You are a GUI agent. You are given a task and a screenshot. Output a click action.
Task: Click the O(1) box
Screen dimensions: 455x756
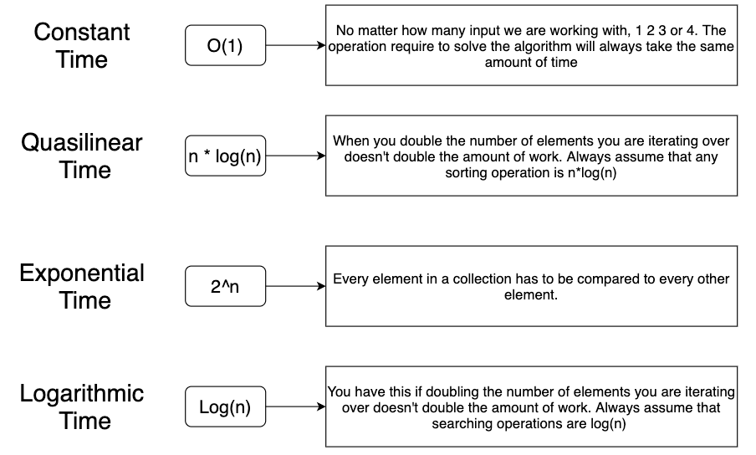[x=225, y=46]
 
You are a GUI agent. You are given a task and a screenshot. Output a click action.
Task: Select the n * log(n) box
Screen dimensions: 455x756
[x=225, y=156]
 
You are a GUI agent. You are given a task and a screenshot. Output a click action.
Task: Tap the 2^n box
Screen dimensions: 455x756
[x=225, y=286]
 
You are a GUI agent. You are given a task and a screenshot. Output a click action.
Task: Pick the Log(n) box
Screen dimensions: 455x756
[x=225, y=408]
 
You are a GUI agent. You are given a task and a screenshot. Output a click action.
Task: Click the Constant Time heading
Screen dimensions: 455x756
[x=82, y=45]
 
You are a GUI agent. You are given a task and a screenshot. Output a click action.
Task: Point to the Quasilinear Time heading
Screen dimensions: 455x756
[x=82, y=156]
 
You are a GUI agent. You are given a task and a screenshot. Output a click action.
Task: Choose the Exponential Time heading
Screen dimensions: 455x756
[x=82, y=286]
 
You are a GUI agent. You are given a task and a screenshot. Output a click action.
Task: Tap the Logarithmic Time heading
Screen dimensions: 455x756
[x=82, y=406]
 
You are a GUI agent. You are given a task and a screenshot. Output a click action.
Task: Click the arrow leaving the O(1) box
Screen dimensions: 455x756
[x=295, y=46]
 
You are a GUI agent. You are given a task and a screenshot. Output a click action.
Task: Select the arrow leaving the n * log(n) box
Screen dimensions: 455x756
[x=295, y=156]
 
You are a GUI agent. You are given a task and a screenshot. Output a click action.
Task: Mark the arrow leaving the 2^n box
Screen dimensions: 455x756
[x=295, y=286]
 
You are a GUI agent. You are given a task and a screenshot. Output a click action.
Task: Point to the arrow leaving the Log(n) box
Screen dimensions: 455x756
[x=295, y=408]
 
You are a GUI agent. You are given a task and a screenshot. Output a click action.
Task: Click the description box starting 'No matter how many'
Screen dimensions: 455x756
[x=531, y=46]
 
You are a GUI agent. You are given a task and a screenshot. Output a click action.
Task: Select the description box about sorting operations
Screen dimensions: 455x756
[x=531, y=156]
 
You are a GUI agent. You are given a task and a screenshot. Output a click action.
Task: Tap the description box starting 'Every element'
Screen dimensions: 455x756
[x=531, y=286]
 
